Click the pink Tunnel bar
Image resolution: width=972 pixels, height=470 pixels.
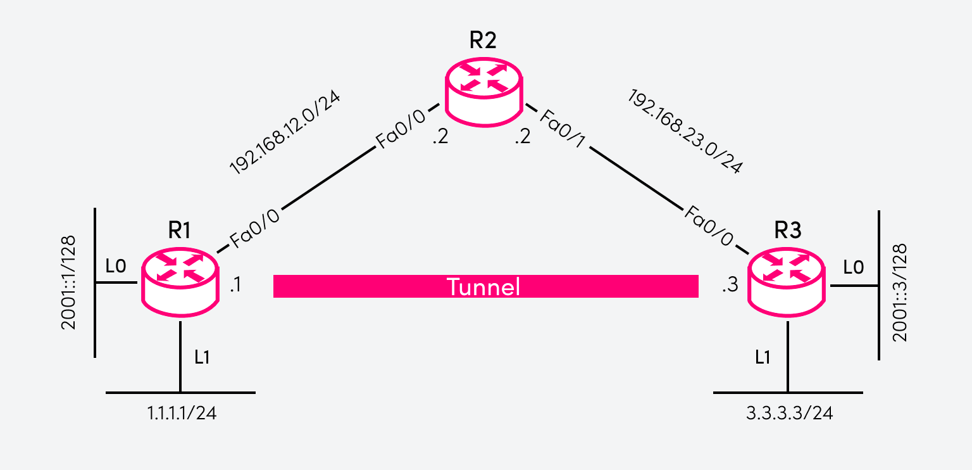pos(485,286)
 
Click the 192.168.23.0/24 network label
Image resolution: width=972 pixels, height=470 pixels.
pos(684,131)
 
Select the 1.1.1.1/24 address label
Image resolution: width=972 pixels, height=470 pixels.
pos(182,414)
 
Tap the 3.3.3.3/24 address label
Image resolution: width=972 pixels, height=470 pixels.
pos(789,414)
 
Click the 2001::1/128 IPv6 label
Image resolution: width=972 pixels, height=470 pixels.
pos(68,283)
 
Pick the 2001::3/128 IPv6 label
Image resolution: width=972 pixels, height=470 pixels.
pos(900,292)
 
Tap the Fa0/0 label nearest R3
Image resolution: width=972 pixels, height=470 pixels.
pos(709,225)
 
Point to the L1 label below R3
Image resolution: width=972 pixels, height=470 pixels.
pos(763,357)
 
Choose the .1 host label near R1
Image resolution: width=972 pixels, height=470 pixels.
pos(235,286)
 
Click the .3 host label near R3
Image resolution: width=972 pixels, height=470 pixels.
pos(730,286)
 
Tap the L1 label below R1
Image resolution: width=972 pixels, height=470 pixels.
pos(202,357)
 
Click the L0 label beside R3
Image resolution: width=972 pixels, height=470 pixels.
pos(853,267)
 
